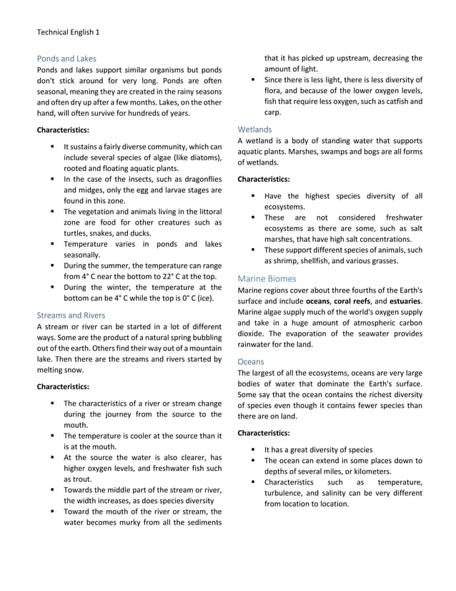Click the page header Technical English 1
(x=68, y=32)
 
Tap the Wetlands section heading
(x=254, y=130)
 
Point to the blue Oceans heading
(x=250, y=362)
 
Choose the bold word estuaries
(x=402, y=301)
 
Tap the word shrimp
(x=280, y=261)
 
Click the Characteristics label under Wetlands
(x=264, y=178)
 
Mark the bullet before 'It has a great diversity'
(x=253, y=450)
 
